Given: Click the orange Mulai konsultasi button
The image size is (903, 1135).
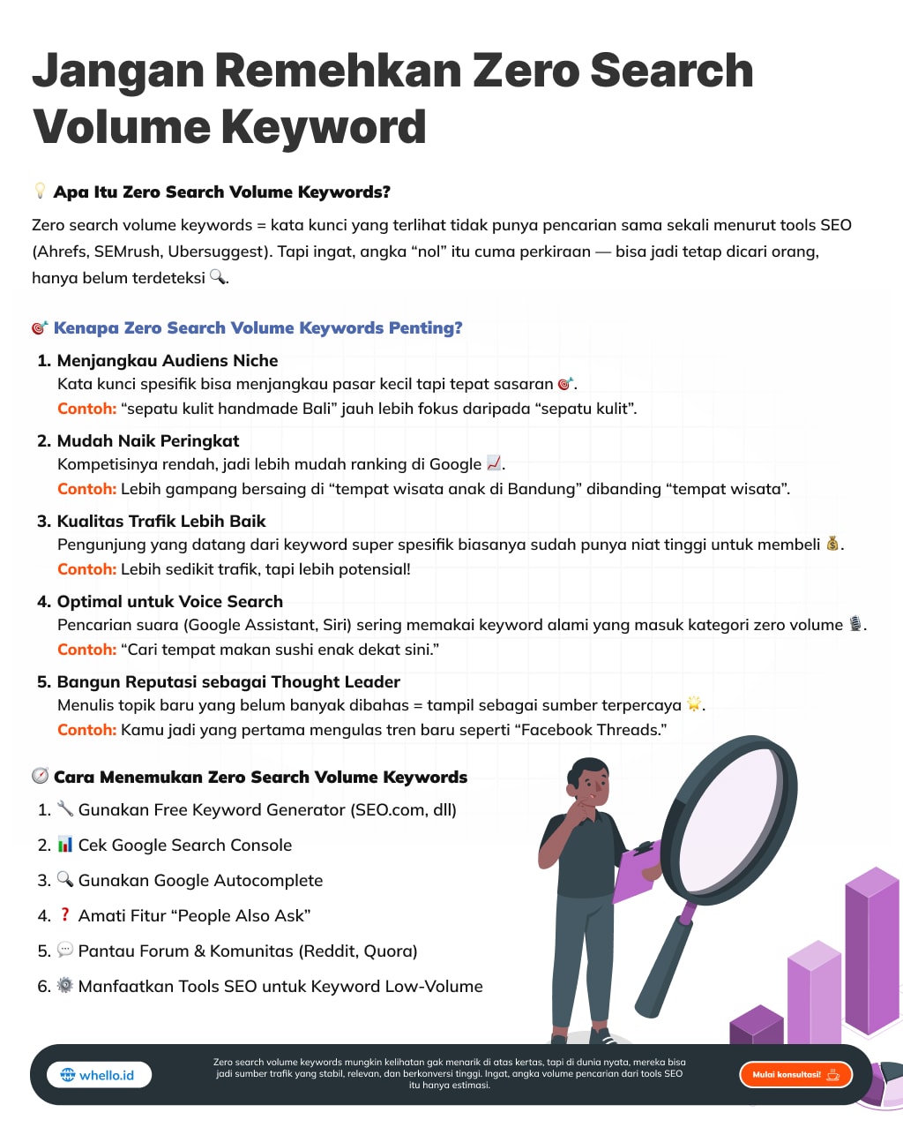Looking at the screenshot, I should tap(795, 1074).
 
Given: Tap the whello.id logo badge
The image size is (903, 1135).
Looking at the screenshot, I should tap(99, 1075).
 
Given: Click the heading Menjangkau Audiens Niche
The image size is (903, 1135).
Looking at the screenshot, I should tap(168, 360).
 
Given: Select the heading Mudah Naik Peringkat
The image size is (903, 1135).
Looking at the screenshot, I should tap(148, 440).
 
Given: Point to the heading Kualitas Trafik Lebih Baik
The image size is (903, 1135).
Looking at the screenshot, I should tap(161, 521).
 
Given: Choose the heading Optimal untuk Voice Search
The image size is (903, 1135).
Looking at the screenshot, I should tap(170, 601).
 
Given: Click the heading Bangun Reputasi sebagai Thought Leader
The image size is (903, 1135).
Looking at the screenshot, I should tap(228, 681).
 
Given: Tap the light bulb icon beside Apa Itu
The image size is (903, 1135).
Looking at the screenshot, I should tap(40, 191).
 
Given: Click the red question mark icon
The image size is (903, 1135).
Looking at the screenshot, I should tap(64, 914).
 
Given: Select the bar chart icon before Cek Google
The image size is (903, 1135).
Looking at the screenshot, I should tap(65, 845).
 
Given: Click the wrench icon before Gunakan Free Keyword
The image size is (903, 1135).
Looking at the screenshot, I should tap(65, 808).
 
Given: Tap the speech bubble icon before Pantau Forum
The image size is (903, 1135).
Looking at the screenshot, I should tap(65, 950).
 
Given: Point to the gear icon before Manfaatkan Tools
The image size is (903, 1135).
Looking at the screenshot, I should tap(65, 985).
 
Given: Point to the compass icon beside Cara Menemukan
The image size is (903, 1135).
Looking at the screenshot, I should tap(40, 776).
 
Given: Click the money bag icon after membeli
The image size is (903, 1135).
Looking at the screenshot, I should tap(832, 544).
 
